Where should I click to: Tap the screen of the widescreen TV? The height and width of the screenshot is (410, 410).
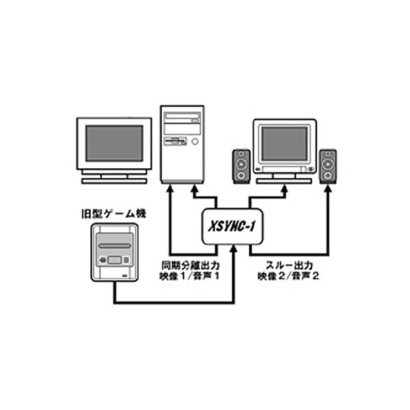click(x=113, y=143)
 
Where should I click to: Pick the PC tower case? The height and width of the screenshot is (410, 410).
click(x=182, y=143)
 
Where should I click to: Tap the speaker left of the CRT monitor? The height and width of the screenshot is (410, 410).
click(x=242, y=166)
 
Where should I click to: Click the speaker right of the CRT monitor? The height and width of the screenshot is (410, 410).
click(x=329, y=166)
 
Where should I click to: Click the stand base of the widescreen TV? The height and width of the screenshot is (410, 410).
click(x=113, y=181)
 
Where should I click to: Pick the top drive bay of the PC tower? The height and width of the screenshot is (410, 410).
click(x=182, y=118)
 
